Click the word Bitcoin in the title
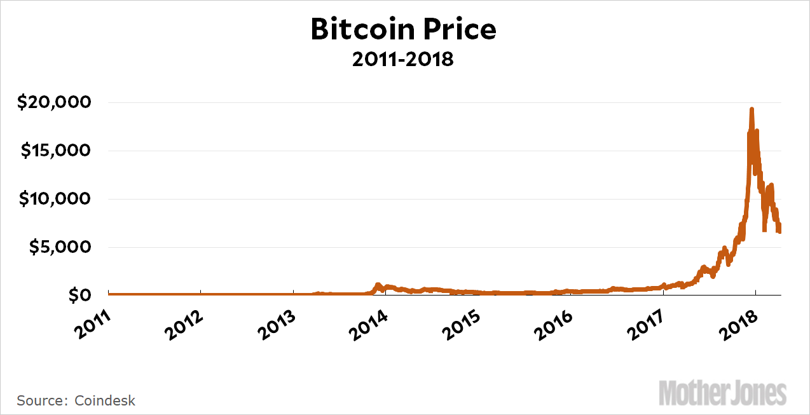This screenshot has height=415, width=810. point(360,30)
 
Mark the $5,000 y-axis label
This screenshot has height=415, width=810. point(60,247)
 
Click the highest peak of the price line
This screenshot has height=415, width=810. point(752,110)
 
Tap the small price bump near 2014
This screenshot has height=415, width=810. point(378,285)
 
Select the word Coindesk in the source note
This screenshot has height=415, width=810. point(105,400)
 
